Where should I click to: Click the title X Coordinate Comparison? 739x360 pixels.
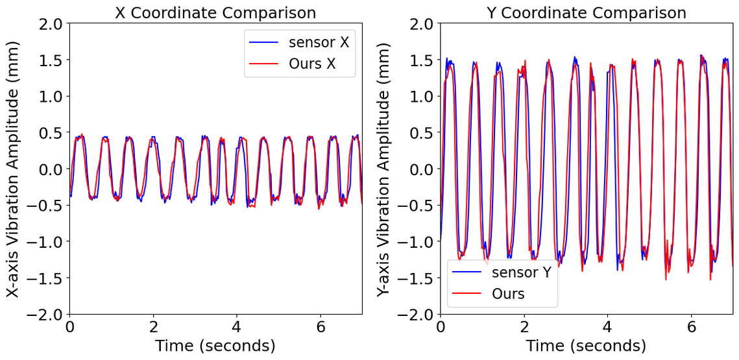(x=215, y=12)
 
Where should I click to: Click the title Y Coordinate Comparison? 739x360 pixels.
(x=587, y=12)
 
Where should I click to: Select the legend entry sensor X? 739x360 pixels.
(x=319, y=43)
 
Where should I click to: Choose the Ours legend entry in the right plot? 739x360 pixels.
(x=508, y=294)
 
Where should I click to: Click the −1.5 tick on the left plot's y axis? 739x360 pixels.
(x=45, y=278)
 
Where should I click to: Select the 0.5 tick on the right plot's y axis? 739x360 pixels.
(x=422, y=133)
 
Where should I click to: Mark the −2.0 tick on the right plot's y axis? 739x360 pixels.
(x=417, y=315)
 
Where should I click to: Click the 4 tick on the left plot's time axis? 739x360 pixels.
(x=237, y=327)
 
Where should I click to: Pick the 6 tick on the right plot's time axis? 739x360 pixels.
(x=691, y=327)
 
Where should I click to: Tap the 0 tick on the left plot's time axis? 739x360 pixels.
(x=70, y=327)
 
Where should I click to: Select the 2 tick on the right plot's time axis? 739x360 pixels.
(x=524, y=327)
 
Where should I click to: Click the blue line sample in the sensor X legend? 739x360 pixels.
(x=264, y=43)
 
